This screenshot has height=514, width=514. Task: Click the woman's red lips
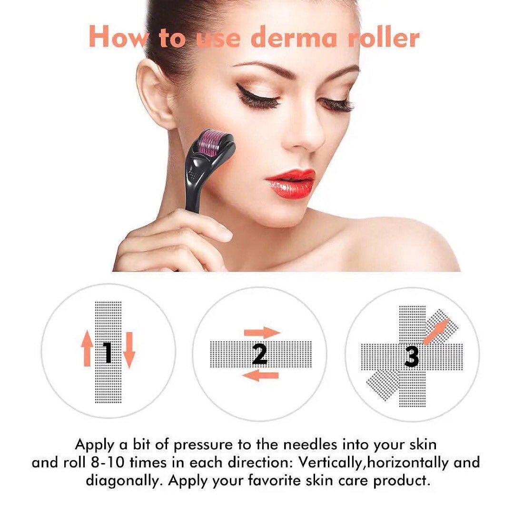[x=290, y=183]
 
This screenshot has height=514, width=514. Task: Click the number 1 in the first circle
[x=109, y=353]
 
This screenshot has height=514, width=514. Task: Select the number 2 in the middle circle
[x=260, y=354]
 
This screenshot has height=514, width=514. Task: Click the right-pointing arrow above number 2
[x=262, y=332]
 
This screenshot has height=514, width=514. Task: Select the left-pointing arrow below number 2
[x=260, y=376]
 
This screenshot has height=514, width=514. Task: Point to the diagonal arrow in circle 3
[x=435, y=331]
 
